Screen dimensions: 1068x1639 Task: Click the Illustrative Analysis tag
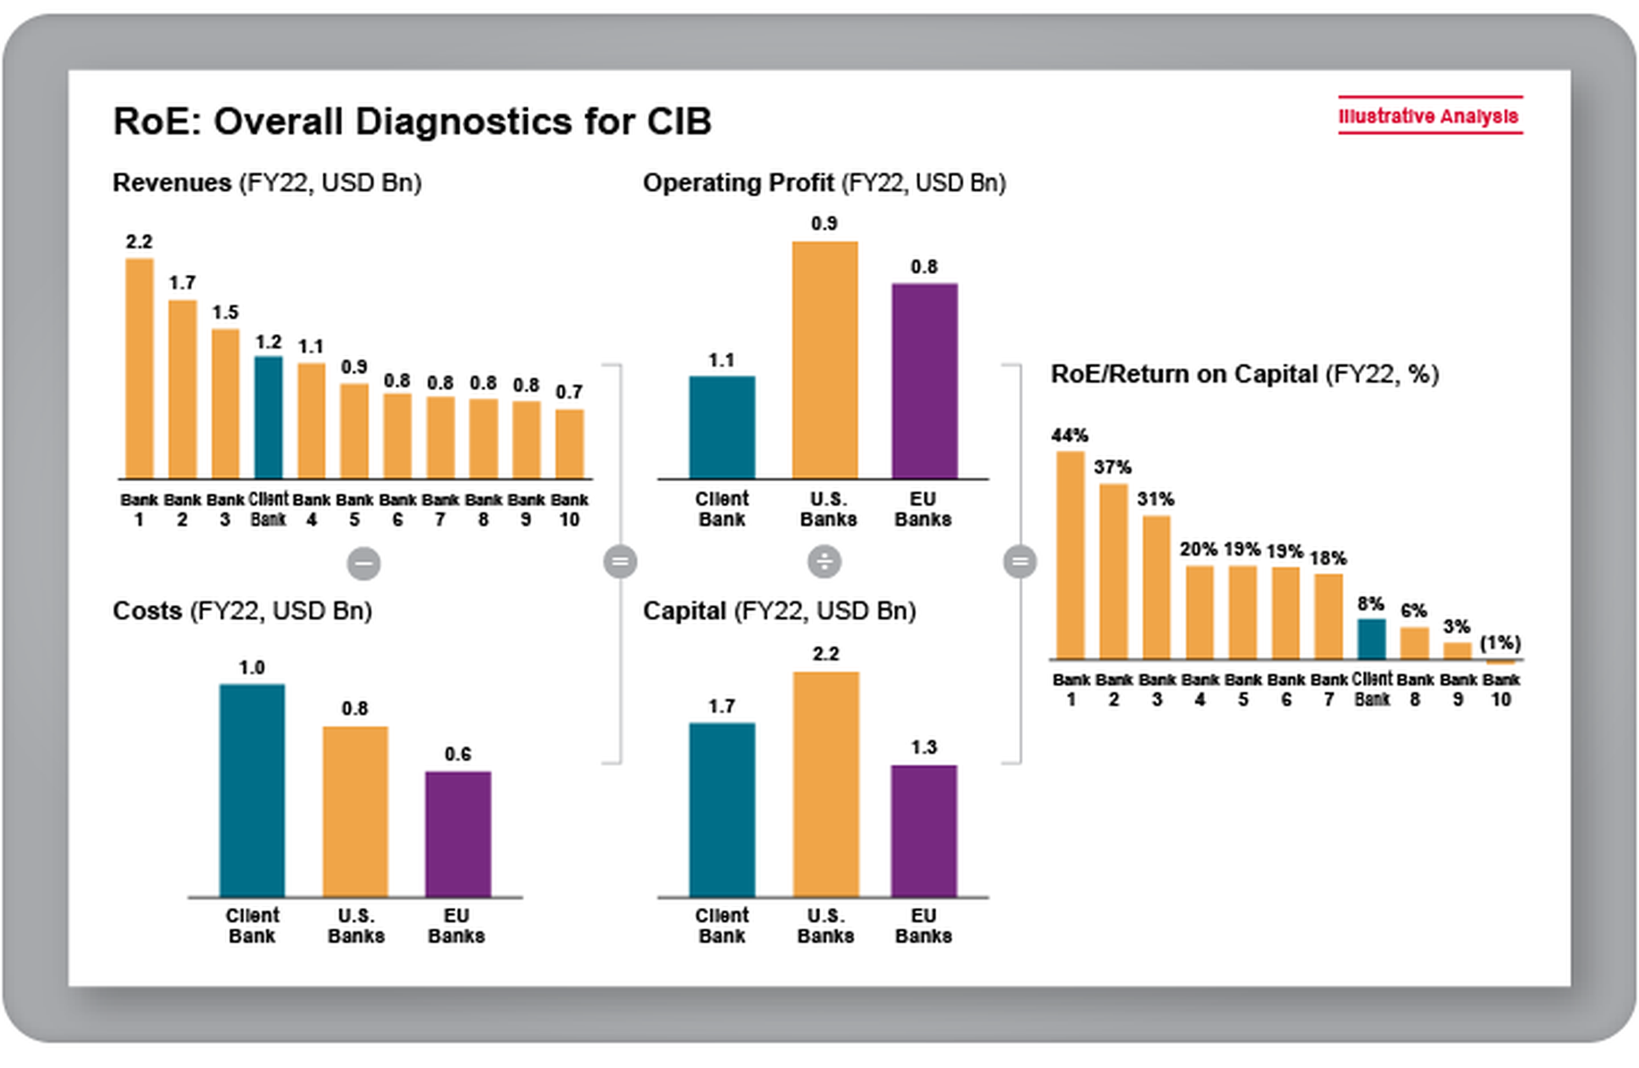[x=1429, y=116]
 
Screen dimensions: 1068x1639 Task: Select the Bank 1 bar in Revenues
[x=139, y=368]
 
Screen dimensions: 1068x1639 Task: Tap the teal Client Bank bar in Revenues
[x=268, y=418]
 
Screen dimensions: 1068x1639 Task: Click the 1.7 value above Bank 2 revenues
[x=183, y=282]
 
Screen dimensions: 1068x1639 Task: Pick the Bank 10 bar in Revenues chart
[x=569, y=444]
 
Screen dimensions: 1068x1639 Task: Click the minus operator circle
[x=363, y=563]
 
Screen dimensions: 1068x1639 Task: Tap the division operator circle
[x=824, y=561]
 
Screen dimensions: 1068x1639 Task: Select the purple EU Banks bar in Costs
[x=458, y=833]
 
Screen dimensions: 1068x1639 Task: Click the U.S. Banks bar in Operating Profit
[x=824, y=360]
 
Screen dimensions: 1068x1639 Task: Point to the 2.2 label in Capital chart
[x=825, y=653]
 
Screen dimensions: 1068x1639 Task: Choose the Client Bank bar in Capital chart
[x=722, y=810]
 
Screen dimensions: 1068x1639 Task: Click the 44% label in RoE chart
[x=1070, y=436]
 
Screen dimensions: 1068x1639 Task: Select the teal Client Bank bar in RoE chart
[x=1371, y=639]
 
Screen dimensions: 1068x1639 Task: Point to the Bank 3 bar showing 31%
[x=1156, y=587]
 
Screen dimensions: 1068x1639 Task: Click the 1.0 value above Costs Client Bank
[x=251, y=667]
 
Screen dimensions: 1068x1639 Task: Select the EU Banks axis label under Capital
[x=923, y=926]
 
